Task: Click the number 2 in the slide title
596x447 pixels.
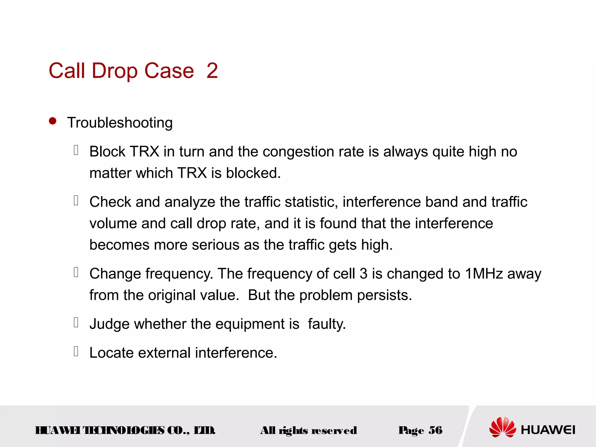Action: [212, 71]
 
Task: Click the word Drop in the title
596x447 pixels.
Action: [114, 71]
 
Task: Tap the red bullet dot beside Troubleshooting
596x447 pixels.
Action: [53, 121]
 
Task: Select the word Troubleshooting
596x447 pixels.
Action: [120, 123]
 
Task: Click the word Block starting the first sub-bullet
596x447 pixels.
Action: [107, 152]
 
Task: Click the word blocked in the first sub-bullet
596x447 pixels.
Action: [253, 173]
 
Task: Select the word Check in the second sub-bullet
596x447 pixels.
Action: [110, 202]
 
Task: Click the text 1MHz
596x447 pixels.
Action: [484, 274]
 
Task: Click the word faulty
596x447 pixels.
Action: [327, 324]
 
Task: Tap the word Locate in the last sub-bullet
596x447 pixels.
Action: [111, 353]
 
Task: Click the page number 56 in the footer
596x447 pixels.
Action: [435, 430]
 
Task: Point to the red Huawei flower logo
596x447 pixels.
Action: [502, 427]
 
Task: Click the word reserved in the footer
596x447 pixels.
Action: [334, 430]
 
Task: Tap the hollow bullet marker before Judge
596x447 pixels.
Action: [76, 322]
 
